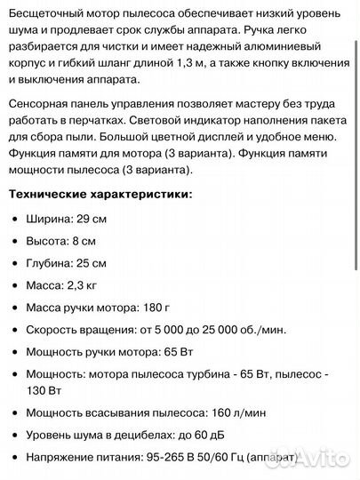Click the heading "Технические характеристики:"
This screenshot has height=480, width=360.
[99, 194]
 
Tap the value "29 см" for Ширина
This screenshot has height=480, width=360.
[95, 218]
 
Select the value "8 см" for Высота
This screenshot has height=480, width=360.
[89, 240]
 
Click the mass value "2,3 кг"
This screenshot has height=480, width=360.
[85, 285]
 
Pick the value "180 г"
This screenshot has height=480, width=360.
[149, 308]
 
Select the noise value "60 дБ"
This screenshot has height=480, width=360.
[204, 435]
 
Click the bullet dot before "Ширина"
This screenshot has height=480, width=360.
[16, 218]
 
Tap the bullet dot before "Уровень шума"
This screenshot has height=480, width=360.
[16, 435]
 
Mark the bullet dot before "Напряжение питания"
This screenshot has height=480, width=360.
[16, 457]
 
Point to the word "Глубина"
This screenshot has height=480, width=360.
[49, 263]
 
